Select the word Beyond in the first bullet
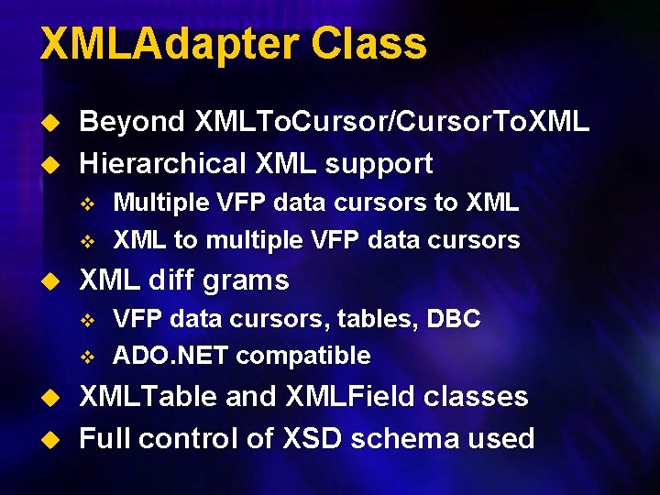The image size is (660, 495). tap(132, 122)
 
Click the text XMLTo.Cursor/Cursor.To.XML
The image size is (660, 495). tap(392, 122)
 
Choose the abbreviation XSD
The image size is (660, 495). tap(307, 438)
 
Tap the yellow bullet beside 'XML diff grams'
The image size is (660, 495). tap(51, 280)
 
